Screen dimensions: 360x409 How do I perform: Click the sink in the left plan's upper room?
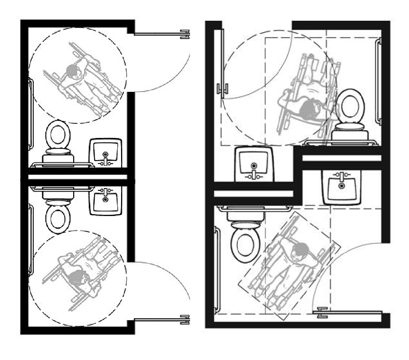(106, 153)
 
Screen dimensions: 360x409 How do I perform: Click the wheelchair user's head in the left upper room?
(71, 69)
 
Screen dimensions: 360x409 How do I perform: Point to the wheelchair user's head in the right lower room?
(300, 249)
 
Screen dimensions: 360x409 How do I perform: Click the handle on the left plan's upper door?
(185, 34)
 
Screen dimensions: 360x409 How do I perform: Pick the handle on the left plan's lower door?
(185, 320)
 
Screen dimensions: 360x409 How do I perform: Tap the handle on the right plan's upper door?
(222, 89)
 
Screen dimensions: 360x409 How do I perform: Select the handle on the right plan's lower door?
(322, 312)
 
